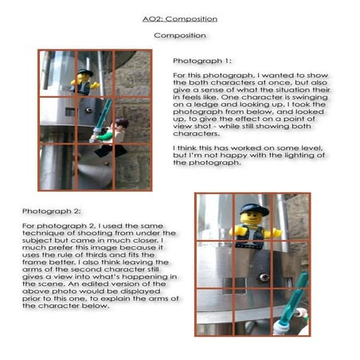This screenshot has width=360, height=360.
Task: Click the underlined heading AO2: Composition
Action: [180, 18]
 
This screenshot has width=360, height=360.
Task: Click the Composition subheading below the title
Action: [180, 36]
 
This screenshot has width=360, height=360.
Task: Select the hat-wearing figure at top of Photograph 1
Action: [84, 79]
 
